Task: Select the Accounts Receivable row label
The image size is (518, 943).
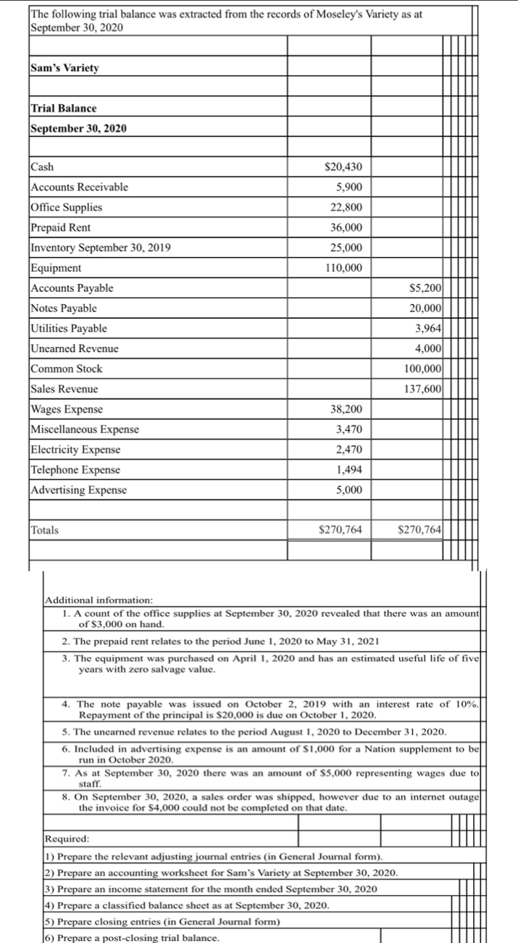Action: (79, 187)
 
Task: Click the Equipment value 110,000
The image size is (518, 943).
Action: (343, 268)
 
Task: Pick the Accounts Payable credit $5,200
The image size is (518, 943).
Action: (422, 288)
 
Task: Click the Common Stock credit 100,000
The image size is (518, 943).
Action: (422, 369)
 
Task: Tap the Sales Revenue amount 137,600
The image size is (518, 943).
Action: (422, 389)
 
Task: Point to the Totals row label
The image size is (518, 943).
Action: (45, 530)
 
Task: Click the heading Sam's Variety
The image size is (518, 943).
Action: (65, 68)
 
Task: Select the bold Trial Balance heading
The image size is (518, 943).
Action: (64, 108)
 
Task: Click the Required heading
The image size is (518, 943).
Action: (67, 839)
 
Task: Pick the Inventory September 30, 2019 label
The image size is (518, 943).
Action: (101, 248)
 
